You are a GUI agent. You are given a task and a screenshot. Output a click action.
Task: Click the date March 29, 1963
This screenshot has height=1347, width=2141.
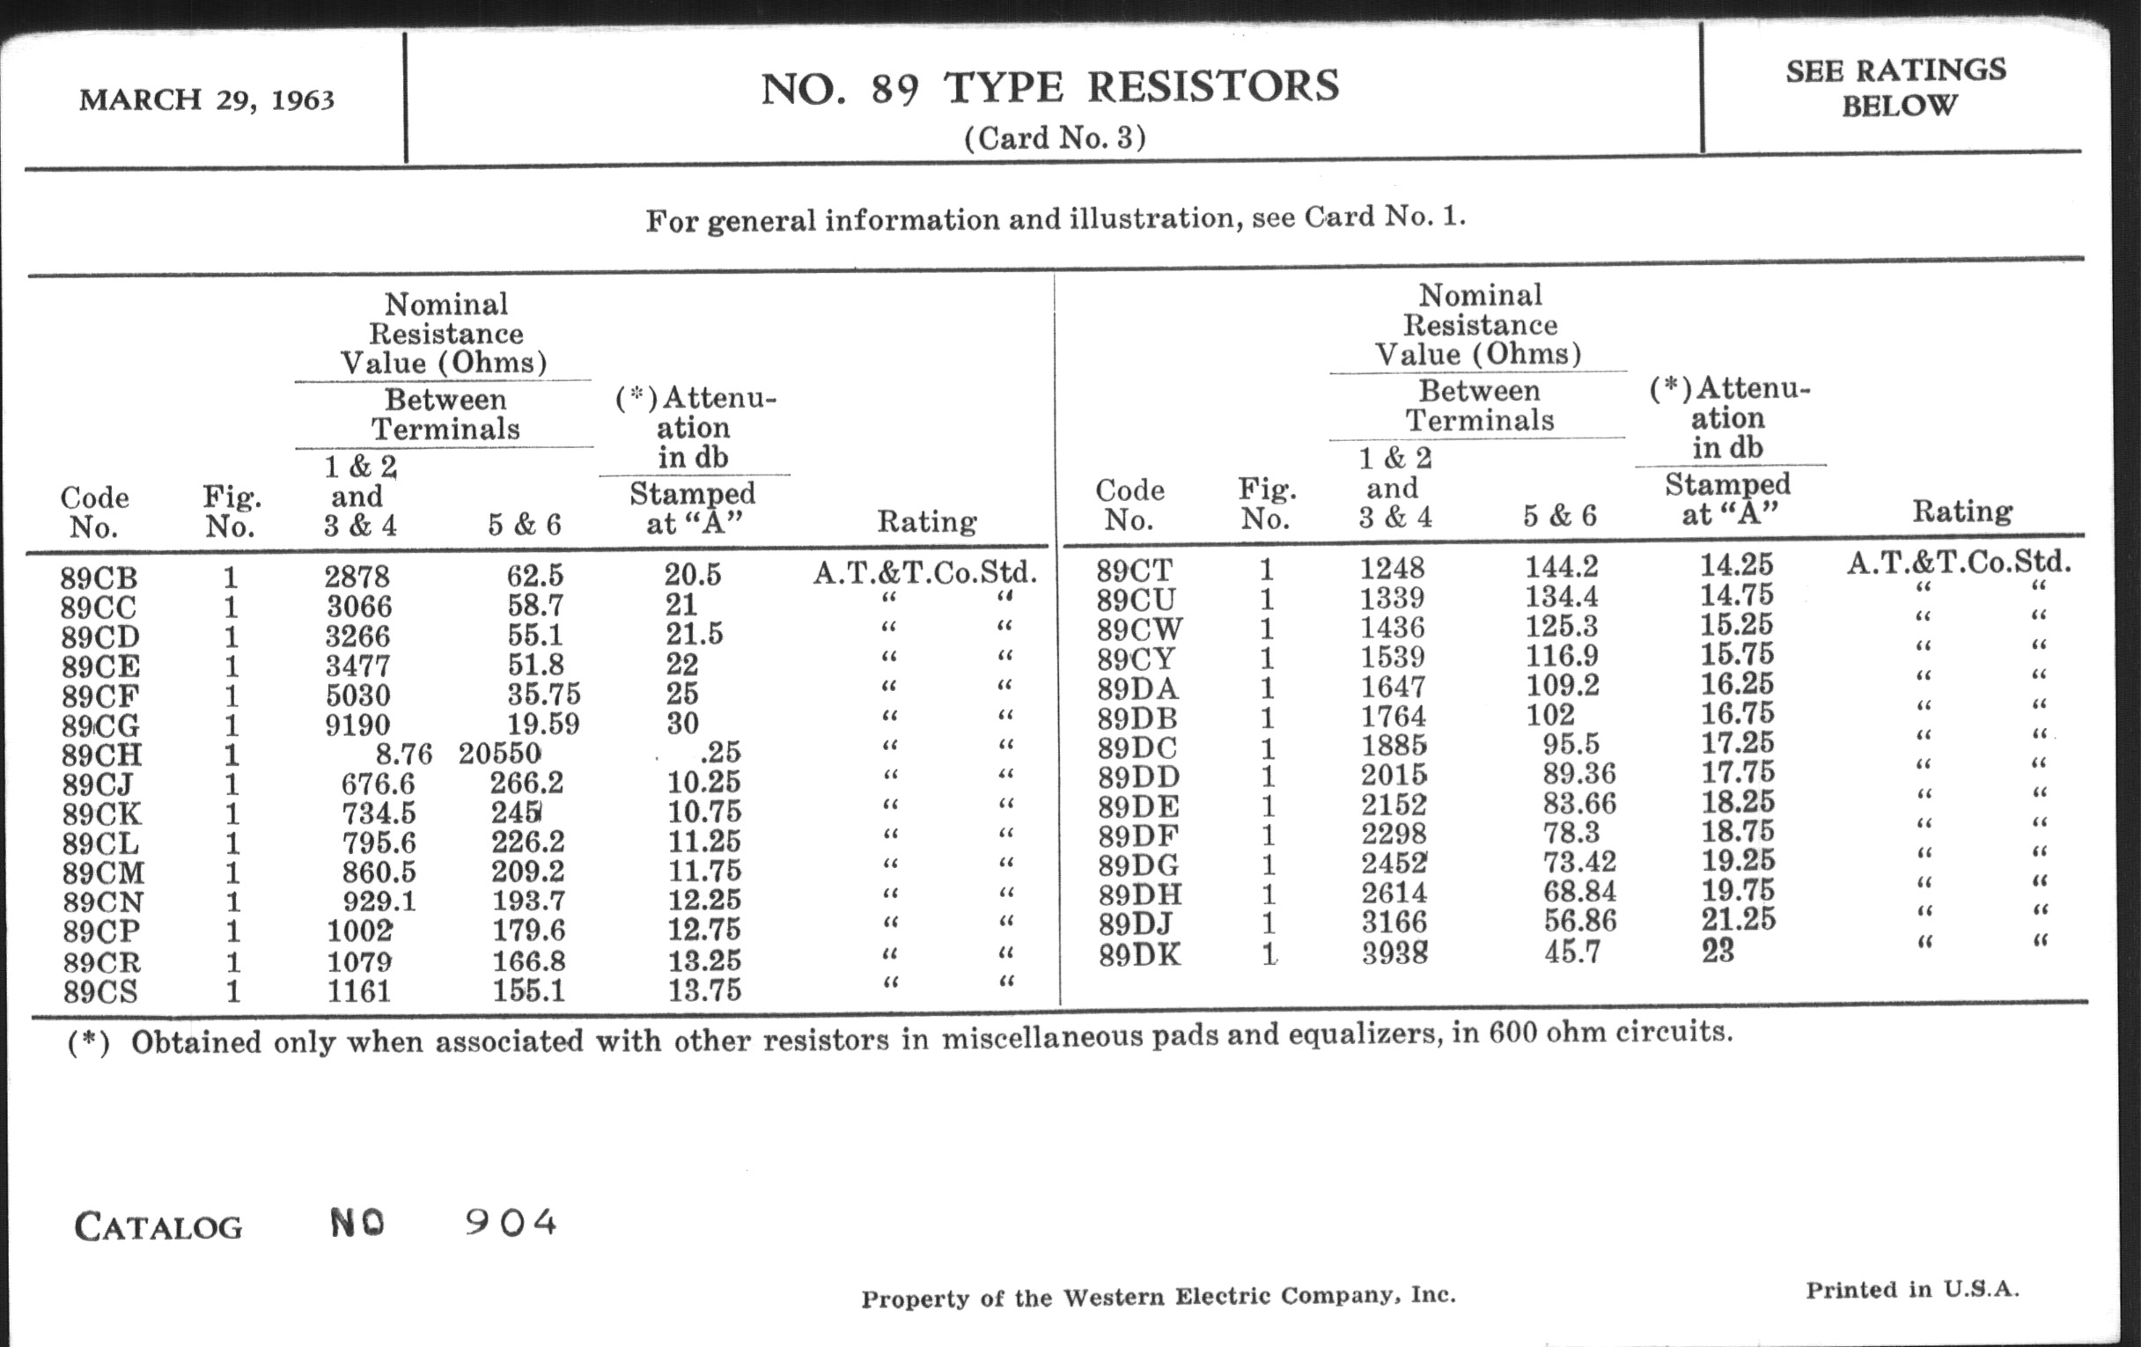pyautogui.click(x=206, y=99)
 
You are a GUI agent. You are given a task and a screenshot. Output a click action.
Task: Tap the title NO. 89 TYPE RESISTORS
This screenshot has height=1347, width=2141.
pyautogui.click(x=1049, y=87)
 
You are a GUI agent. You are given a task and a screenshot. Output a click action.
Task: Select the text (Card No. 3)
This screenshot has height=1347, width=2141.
pyautogui.click(x=1055, y=138)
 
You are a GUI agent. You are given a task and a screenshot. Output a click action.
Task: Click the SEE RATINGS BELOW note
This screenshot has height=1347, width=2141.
pyautogui.click(x=1895, y=87)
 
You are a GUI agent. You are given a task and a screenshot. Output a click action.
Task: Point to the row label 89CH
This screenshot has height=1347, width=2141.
pyautogui.click(x=101, y=754)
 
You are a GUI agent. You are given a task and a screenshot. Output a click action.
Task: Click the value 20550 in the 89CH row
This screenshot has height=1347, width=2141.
pyautogui.click(x=500, y=754)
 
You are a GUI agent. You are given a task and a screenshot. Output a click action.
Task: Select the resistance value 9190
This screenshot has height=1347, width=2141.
pyautogui.click(x=357, y=725)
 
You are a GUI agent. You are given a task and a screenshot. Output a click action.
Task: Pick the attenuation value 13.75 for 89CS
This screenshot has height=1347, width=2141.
pyautogui.click(x=704, y=990)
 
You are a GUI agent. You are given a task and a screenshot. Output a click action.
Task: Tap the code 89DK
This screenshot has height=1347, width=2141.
pyautogui.click(x=1139, y=955)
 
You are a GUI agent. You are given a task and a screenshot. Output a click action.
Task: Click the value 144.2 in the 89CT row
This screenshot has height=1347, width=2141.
pyautogui.click(x=1562, y=566)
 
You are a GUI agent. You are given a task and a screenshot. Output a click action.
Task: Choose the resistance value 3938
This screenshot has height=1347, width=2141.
pyautogui.click(x=1394, y=953)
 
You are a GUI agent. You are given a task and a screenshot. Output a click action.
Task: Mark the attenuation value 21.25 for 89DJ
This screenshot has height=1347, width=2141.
pyautogui.click(x=1738, y=918)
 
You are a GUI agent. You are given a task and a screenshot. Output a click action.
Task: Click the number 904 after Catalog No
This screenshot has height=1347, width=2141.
pyautogui.click(x=511, y=1224)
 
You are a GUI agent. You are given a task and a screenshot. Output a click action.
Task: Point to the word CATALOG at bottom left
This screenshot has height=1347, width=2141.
pyautogui.click(x=158, y=1227)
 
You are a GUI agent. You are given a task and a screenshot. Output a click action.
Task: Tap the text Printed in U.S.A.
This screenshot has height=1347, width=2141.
pyautogui.click(x=1911, y=1290)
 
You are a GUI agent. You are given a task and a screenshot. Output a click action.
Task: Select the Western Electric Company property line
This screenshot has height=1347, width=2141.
pyautogui.click(x=1158, y=1297)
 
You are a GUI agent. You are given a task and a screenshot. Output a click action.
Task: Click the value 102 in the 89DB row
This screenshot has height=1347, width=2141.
pyautogui.click(x=1549, y=714)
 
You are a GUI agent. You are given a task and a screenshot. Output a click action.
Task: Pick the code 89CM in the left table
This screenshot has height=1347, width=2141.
pyautogui.click(x=103, y=872)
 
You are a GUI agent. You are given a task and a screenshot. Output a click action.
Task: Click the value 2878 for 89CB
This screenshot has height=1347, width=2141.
pyautogui.click(x=357, y=577)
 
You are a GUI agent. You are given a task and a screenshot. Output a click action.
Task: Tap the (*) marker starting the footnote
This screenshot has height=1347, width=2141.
pyautogui.click(x=88, y=1042)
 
